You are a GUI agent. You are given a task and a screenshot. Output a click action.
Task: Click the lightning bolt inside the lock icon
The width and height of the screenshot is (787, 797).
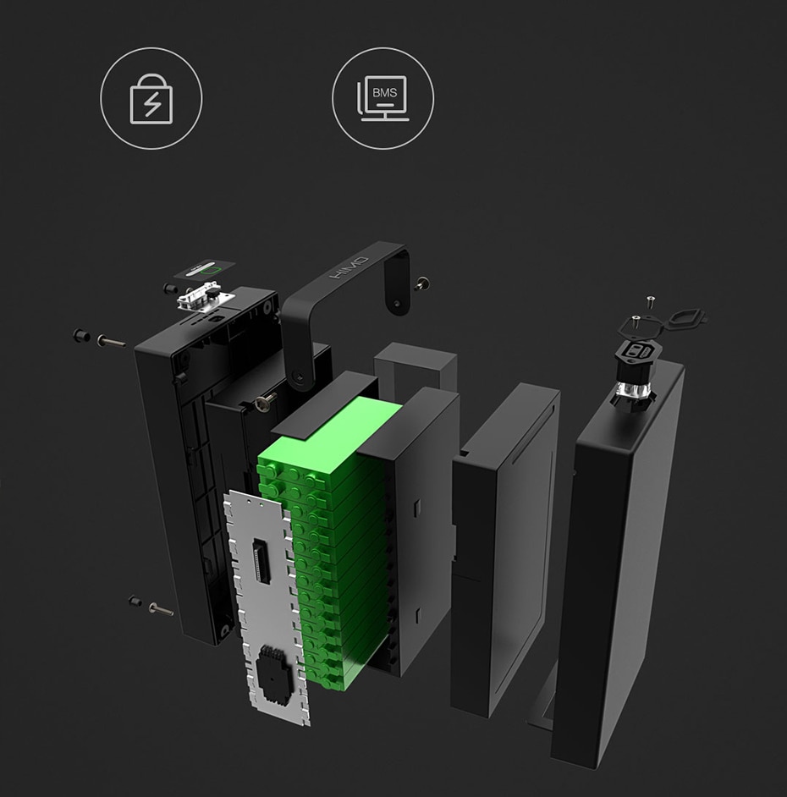[152, 104]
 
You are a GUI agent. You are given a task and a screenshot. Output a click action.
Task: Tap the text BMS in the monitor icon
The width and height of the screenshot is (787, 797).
[384, 92]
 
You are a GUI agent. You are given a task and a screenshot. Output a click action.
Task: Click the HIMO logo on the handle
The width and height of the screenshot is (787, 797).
[349, 268]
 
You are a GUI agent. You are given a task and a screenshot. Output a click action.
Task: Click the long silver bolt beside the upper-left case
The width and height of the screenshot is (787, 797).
[112, 342]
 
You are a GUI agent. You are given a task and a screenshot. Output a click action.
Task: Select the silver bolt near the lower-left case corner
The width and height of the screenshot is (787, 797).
[161, 608]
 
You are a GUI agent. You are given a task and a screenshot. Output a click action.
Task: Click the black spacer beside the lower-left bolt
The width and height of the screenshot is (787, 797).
[135, 601]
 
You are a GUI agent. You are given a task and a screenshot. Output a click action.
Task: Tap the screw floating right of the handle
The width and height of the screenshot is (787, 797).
[421, 283]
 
